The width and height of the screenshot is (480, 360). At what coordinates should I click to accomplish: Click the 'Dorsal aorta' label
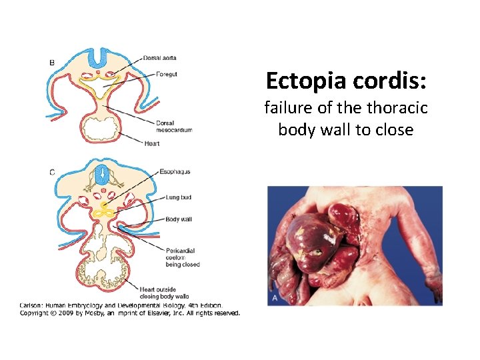click(159, 58)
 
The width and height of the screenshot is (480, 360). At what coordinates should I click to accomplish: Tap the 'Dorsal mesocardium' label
click(173, 126)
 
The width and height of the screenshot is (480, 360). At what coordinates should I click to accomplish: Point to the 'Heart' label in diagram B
click(151, 143)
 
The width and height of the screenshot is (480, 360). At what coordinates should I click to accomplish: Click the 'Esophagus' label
click(175, 172)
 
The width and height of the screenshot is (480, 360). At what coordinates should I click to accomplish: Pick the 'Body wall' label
click(178, 219)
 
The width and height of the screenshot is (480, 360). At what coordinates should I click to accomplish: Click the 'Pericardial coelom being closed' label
click(182, 257)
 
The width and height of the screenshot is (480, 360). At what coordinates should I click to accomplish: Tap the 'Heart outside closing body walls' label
click(164, 293)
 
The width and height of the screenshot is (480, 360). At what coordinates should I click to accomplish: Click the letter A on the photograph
click(274, 299)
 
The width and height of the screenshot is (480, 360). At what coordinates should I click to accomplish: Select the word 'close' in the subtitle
click(396, 129)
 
